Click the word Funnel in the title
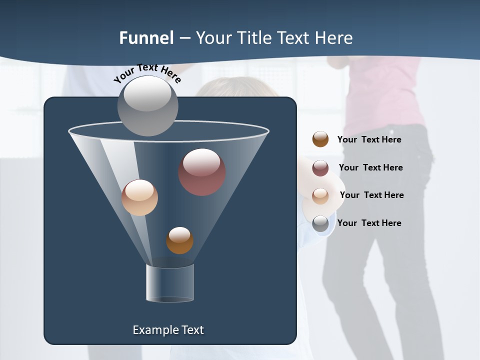click(146, 38)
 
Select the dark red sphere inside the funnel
click(201, 171)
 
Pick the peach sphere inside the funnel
click(139, 197)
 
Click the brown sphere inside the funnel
click(179, 240)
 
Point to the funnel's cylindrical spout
click(170, 283)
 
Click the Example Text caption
click(168, 330)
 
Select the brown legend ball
click(320, 139)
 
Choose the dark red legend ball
click(320, 167)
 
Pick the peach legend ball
click(320, 195)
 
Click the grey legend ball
click(320, 223)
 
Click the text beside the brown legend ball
click(369, 140)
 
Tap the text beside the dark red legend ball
click(370, 168)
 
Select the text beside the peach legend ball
click(371, 195)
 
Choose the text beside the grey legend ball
click(369, 223)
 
